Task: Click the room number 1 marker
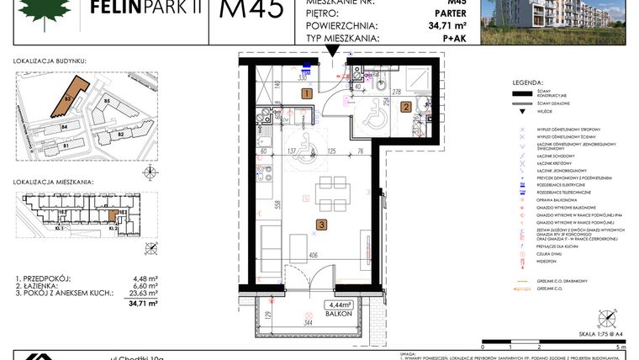(307, 94)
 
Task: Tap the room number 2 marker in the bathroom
(405, 107)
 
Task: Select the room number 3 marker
(321, 224)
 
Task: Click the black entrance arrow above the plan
(335, 52)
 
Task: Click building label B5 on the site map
(107, 103)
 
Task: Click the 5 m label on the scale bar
(621, 346)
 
